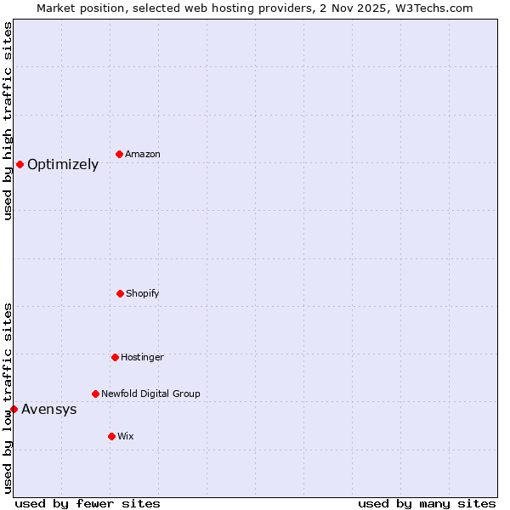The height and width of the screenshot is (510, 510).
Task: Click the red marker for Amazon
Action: click(119, 154)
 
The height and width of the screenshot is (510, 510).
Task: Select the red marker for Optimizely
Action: click(20, 164)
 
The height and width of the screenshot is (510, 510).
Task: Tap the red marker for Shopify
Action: click(120, 293)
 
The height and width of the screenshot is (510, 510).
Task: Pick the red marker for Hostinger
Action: click(115, 357)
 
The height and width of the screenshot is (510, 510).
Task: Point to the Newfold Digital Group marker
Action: click(95, 394)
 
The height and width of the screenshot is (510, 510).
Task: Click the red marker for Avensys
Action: click(14, 409)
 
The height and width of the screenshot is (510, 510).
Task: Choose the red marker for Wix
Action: click(111, 436)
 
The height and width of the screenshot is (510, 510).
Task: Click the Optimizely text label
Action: click(63, 165)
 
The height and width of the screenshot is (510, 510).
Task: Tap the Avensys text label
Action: click(49, 410)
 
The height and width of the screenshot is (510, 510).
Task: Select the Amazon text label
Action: click(143, 154)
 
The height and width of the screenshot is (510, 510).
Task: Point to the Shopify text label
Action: click(143, 293)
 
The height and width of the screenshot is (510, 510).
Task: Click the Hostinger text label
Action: click(142, 357)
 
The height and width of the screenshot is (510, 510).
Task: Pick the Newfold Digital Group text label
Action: click(150, 394)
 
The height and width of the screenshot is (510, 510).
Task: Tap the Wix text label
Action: click(126, 436)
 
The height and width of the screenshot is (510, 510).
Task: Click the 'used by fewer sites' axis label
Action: click(88, 503)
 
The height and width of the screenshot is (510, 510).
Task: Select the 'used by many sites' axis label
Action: click(427, 503)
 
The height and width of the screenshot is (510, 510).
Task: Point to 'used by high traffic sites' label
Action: click(8, 121)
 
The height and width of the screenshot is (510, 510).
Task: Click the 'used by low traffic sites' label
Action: click(8, 397)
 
